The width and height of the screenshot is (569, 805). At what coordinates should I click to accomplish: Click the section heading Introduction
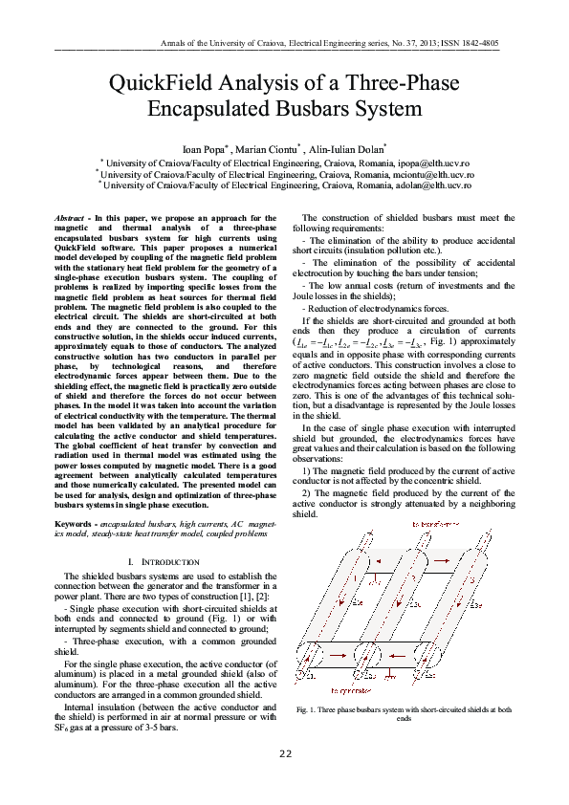(171, 562)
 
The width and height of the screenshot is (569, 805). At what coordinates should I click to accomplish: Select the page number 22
(284, 754)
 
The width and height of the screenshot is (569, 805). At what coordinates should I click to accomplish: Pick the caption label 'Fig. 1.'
(308, 710)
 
